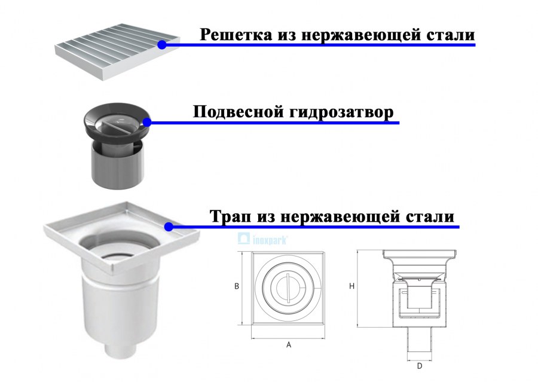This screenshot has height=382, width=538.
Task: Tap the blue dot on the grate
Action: [162, 44]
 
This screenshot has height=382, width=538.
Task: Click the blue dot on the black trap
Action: [147, 122]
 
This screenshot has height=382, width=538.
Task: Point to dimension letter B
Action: [237, 287]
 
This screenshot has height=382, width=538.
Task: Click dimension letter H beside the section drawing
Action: [352, 287]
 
